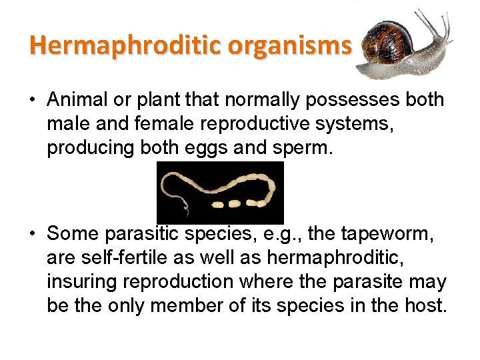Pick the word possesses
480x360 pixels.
click(352, 100)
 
